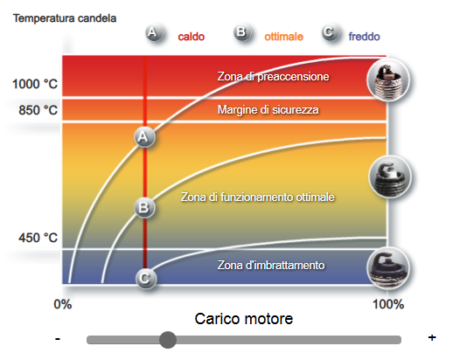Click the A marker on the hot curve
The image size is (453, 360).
(144, 137)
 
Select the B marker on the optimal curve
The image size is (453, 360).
(144, 208)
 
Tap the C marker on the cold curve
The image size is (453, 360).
(146, 279)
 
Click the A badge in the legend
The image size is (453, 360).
(154, 33)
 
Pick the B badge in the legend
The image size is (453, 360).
(242, 32)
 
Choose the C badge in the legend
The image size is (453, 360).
(331, 32)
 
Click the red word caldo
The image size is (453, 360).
(192, 37)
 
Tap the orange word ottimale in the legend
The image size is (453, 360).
(283, 37)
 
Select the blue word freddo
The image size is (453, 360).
(364, 37)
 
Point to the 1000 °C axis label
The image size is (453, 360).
(35, 84)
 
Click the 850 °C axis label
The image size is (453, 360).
(38, 110)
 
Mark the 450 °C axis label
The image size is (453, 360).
(38, 238)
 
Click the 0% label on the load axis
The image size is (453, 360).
(63, 304)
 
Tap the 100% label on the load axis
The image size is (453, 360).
(388, 304)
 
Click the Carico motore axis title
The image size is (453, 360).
(244, 319)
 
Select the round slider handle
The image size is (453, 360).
(168, 340)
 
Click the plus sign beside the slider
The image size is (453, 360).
(432, 337)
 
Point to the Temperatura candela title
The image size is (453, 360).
(65, 18)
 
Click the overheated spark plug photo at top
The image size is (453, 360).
(388, 80)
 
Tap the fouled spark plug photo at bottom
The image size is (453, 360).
(388, 268)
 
